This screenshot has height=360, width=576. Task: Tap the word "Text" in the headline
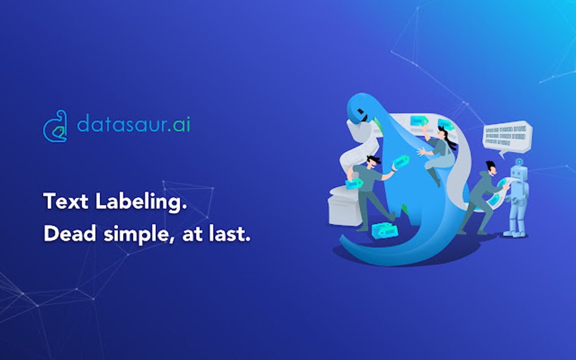click(x=64, y=202)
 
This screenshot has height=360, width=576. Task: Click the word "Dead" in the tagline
click(x=67, y=234)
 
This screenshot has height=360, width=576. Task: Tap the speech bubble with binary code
click(x=507, y=137)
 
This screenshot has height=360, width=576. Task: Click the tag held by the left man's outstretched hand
click(x=401, y=162)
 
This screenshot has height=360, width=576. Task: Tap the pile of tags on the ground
click(x=379, y=229)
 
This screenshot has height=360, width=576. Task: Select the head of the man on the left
click(x=370, y=161)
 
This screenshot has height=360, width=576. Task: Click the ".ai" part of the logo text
click(x=179, y=124)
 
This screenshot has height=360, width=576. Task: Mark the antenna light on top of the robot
click(x=518, y=160)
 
